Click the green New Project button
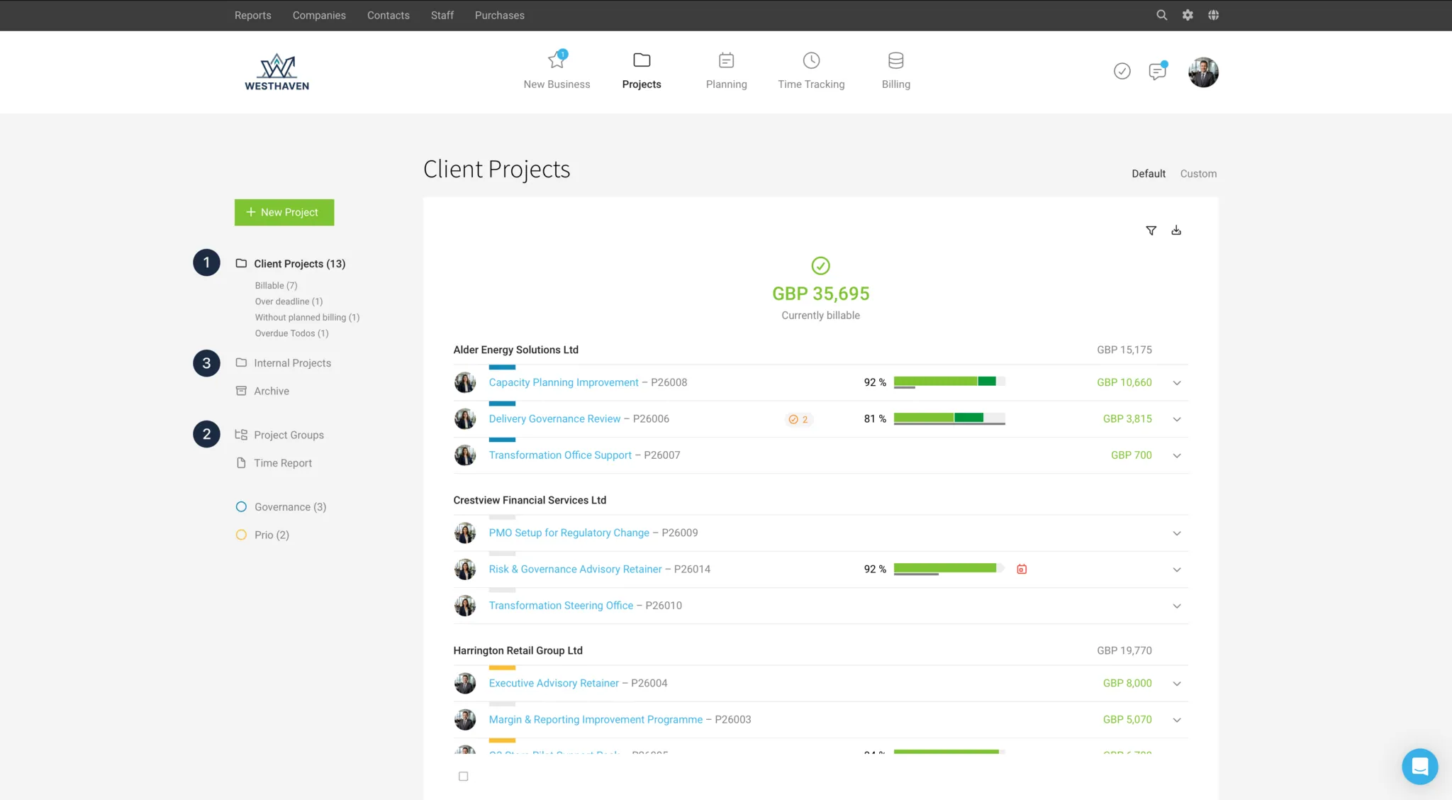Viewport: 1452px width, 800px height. click(x=284, y=212)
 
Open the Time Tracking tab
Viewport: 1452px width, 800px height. click(x=811, y=71)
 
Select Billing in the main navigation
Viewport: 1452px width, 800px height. click(x=895, y=71)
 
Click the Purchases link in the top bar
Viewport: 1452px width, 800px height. click(x=499, y=15)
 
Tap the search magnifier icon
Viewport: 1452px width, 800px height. click(x=1161, y=15)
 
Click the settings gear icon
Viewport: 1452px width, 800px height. click(x=1188, y=15)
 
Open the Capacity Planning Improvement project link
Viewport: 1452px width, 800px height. click(x=564, y=382)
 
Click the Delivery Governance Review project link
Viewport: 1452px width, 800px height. click(x=554, y=419)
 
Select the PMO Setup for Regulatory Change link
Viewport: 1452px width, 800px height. click(x=569, y=533)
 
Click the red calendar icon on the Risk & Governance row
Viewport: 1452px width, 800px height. click(x=1022, y=569)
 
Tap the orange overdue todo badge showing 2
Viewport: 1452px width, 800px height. click(x=798, y=419)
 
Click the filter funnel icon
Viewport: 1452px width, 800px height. click(x=1151, y=230)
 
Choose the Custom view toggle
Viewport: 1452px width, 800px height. click(x=1198, y=174)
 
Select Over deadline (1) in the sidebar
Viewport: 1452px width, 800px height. click(x=289, y=301)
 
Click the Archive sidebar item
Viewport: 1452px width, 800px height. click(x=272, y=391)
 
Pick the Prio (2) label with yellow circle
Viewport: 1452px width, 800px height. click(x=272, y=535)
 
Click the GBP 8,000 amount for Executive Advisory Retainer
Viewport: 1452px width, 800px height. click(x=1127, y=683)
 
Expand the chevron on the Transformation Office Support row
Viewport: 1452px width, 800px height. click(x=1177, y=455)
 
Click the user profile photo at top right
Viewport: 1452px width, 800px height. click(x=1203, y=72)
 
